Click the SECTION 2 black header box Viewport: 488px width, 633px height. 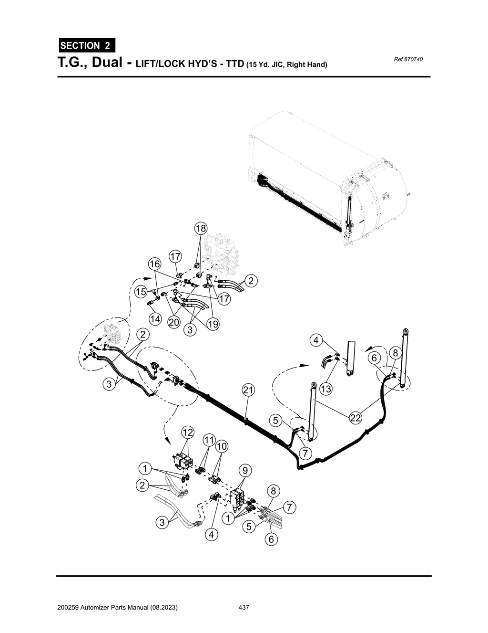pos(86,46)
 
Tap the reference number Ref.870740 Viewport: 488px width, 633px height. pos(408,59)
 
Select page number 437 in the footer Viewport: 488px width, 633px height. pos(244,608)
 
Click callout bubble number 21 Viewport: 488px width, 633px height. pos(248,390)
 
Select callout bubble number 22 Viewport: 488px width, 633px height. pos(356,418)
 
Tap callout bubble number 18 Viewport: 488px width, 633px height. pos(201,228)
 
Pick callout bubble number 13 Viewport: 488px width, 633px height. pos(325,389)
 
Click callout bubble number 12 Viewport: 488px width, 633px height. pos(188,433)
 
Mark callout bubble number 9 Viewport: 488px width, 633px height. pos(244,471)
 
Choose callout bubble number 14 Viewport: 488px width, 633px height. pos(155,318)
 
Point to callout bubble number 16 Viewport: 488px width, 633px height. pos(154,264)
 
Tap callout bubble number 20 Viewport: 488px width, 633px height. pos(174,322)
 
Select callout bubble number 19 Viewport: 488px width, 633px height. pos(213,324)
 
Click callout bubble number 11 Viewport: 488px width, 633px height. pos(209,439)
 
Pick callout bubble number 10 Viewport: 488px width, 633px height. pos(221,446)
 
